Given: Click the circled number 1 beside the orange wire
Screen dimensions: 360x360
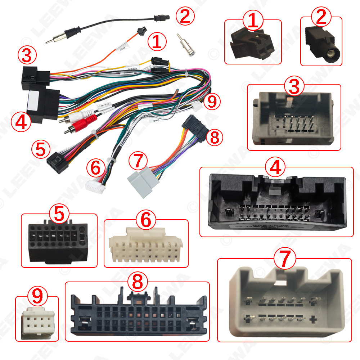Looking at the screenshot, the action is click(x=157, y=42).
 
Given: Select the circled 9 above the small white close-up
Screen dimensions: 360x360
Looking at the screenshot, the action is click(x=37, y=296).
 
